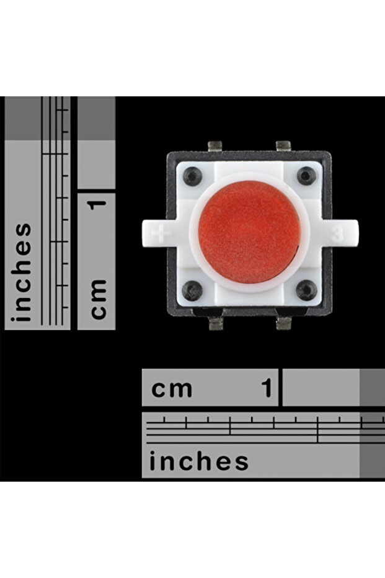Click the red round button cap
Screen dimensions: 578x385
coord(249,232)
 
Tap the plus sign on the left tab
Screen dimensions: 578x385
coord(163,234)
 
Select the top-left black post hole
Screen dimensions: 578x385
coord(193,177)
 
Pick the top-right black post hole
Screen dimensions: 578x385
coord(306,176)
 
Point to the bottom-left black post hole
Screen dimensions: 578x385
coord(193,289)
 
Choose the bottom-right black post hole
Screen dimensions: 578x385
coord(306,289)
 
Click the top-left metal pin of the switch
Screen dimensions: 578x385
coord(216,146)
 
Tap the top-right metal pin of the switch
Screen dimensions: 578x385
coord(283,146)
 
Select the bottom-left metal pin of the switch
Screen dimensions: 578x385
coord(216,323)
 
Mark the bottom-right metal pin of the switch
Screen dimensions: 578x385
coord(283,323)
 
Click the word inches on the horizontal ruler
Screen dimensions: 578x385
coord(199,462)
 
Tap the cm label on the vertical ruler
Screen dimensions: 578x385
coord(97,299)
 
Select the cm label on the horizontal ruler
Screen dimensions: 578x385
coord(172,389)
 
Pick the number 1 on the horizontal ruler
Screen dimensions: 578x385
coord(267,389)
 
